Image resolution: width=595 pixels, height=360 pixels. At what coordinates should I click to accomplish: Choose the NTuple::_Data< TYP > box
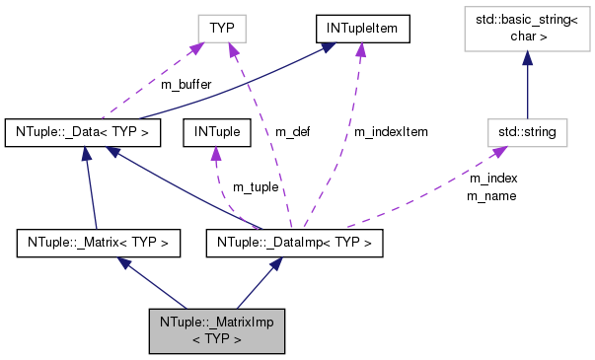82,130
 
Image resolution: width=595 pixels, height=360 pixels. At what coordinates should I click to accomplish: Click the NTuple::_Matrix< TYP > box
99,242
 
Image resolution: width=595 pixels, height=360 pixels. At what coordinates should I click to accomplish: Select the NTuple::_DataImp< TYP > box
293,242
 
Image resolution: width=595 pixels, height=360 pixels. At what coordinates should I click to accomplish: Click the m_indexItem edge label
391,131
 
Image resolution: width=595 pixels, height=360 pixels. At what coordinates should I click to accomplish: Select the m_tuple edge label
255,186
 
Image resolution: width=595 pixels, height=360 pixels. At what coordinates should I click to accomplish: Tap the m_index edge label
492,179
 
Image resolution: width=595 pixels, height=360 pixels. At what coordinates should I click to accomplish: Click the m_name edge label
492,195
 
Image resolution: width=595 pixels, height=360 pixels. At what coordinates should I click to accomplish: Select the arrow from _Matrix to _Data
92,187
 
